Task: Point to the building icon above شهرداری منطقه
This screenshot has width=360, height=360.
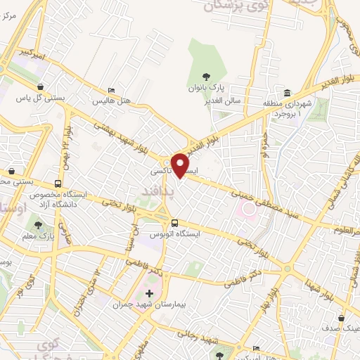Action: click(x=287, y=93)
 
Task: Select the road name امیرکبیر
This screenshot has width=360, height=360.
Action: click(x=33, y=53)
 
